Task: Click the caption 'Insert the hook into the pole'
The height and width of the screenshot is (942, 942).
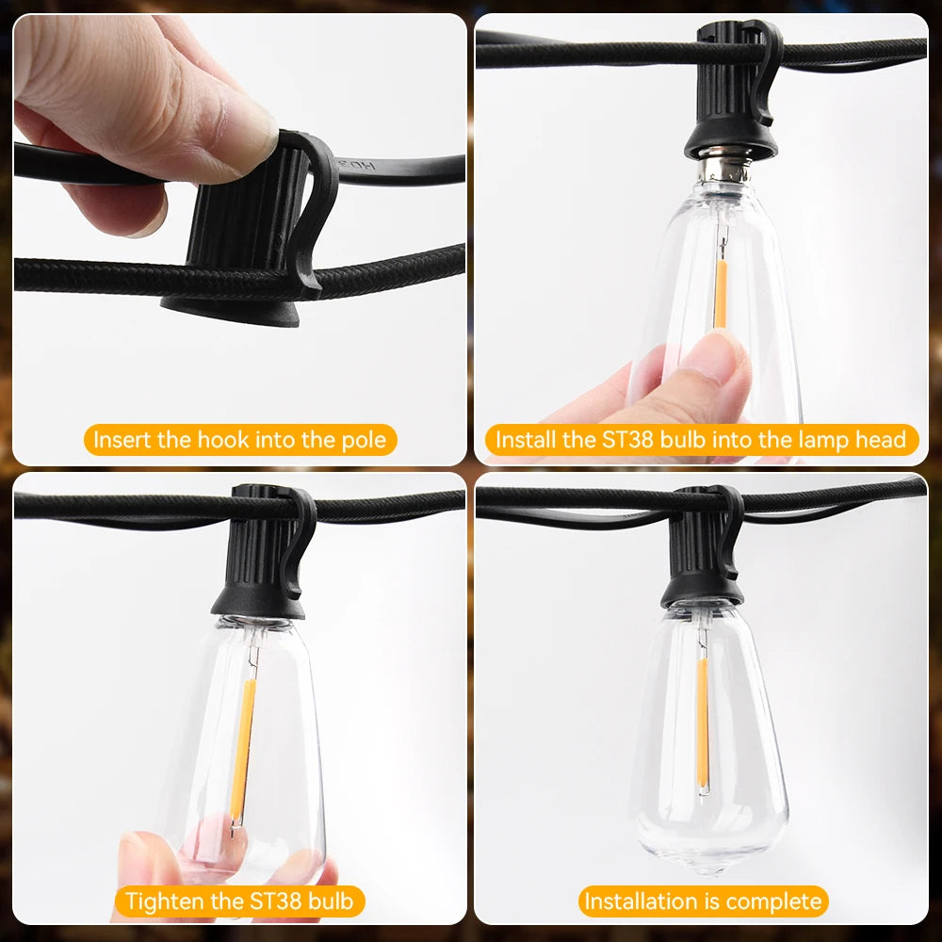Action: [x=239, y=440]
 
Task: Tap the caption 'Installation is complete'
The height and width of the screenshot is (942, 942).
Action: [x=703, y=901]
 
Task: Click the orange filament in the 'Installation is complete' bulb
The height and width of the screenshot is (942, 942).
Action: [x=702, y=723]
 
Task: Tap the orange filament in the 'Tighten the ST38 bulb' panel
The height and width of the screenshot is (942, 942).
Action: [x=243, y=749]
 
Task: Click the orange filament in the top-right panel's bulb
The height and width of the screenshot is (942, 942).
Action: [x=721, y=294]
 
